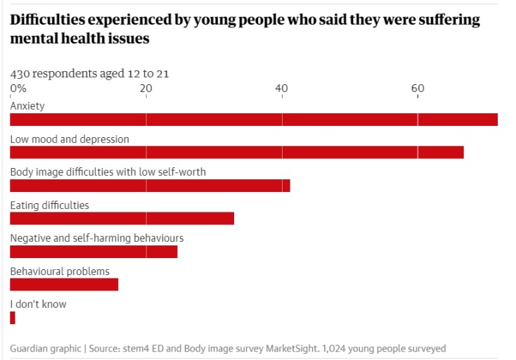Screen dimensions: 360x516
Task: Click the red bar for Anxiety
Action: (x=253, y=120)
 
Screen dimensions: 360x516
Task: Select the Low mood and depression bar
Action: (x=236, y=153)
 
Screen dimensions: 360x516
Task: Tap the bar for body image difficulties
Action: (x=150, y=186)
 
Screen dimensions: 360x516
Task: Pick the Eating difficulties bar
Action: (x=122, y=219)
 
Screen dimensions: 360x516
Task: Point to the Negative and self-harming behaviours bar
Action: (x=93, y=252)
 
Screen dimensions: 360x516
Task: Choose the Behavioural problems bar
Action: (x=64, y=285)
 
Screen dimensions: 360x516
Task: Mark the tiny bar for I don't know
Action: (x=13, y=318)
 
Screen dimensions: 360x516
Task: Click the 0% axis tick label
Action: (x=18, y=89)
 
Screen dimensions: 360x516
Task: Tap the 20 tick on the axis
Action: (x=146, y=89)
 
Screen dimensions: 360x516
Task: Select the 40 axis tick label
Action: (x=282, y=89)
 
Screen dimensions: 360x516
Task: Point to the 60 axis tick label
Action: (x=418, y=89)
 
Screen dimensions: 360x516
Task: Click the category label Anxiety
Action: (x=27, y=106)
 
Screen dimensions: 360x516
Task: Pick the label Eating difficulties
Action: (x=49, y=205)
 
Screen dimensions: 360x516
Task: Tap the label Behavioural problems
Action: (x=60, y=271)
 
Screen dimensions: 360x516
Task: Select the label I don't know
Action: (x=38, y=304)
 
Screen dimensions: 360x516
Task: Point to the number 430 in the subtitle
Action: (x=20, y=73)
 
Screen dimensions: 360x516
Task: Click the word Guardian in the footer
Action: (x=30, y=349)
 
